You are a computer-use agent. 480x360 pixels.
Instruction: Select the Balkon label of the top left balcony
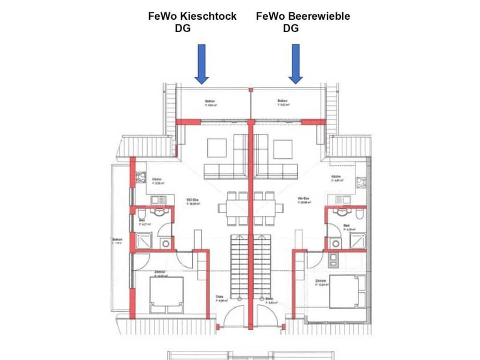(209, 101)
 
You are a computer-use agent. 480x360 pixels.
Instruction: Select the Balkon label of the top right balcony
(283, 101)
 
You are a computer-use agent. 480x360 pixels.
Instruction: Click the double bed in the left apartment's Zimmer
(166, 294)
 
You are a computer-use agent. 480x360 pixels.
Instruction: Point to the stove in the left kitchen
(141, 178)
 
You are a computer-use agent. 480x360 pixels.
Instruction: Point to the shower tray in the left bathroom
(144, 241)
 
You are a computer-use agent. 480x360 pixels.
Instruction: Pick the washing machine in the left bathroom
(166, 243)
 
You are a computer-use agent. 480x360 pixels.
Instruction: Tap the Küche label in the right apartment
(336, 177)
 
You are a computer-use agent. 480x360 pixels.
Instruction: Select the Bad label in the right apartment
(347, 225)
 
